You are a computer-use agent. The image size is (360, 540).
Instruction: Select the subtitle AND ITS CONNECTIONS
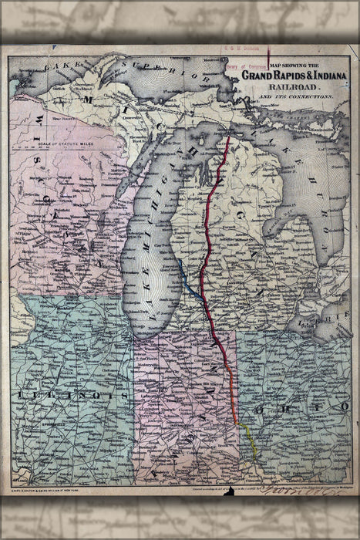(296, 98)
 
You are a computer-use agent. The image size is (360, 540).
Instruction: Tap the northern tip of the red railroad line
(228, 139)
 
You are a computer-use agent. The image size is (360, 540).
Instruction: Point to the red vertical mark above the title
(267, 58)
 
